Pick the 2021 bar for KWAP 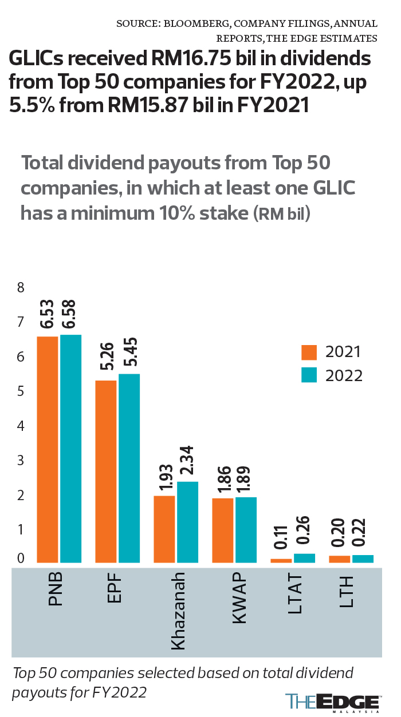point(222,530)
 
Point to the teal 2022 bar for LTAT point(304,558)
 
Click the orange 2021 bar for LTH point(339,559)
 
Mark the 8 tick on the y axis point(21,288)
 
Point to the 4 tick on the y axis point(21,426)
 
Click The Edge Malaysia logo point(333,702)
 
